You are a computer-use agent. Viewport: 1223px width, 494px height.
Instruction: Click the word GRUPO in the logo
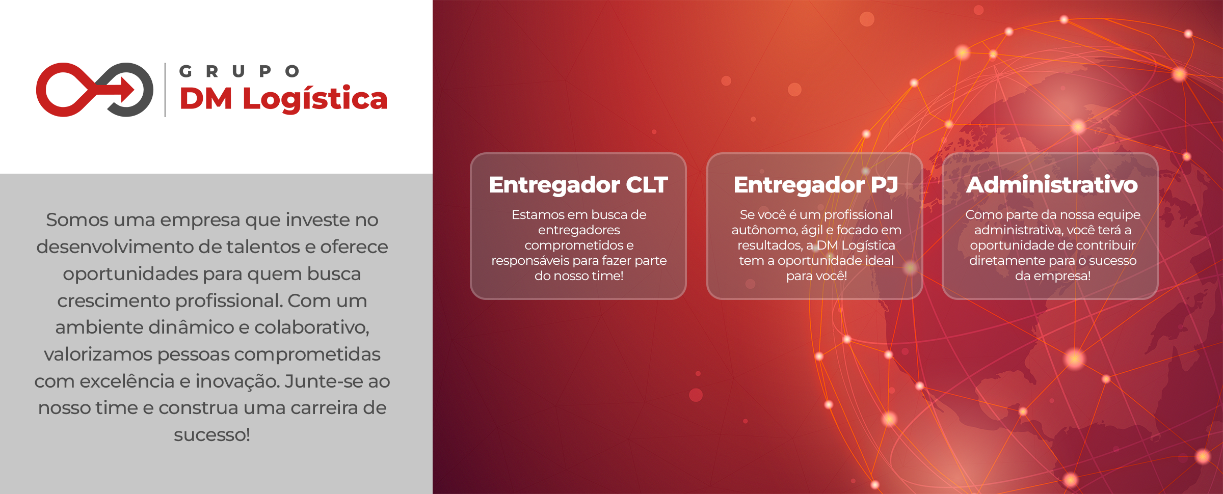pyautogui.click(x=240, y=71)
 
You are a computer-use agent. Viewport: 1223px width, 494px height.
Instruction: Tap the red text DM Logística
pyautogui.click(x=283, y=99)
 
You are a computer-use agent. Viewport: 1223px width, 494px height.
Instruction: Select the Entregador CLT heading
pyautogui.click(x=578, y=185)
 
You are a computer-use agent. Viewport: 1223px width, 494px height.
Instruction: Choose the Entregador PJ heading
pyautogui.click(x=815, y=185)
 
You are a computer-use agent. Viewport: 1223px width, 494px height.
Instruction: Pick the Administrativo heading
pyautogui.click(x=1052, y=184)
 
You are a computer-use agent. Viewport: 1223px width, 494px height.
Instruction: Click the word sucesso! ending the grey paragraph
pyautogui.click(x=212, y=435)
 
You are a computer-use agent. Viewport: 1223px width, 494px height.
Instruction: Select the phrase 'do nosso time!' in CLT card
pyautogui.click(x=579, y=276)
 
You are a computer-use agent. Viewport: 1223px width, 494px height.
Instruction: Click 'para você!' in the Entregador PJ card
pyautogui.click(x=816, y=276)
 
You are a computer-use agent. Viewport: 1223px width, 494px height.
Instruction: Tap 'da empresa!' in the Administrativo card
pyautogui.click(x=1053, y=276)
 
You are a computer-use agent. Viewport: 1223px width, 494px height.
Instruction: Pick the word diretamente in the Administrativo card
pyautogui.click(x=1002, y=261)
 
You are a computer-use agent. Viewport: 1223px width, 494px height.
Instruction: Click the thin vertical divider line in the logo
pyautogui.click(x=165, y=90)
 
